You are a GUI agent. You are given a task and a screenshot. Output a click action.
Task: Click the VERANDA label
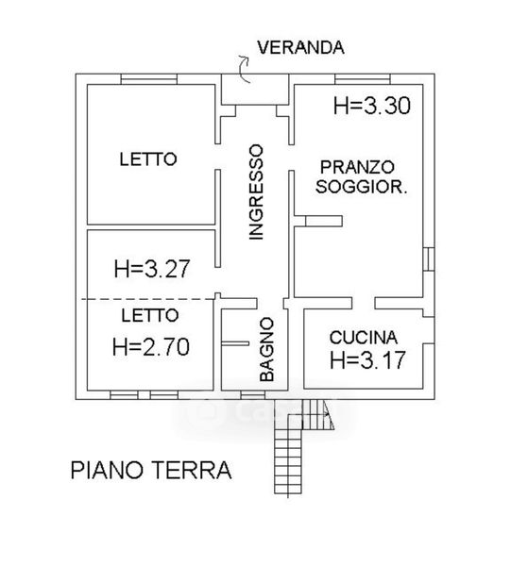tap(300, 48)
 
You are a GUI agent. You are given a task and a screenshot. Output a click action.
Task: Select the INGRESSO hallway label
tap(256, 192)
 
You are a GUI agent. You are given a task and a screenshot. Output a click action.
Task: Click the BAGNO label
tap(267, 349)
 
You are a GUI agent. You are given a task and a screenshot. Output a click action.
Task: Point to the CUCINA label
tap(364, 338)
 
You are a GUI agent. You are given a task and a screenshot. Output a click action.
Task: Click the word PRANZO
tap(357, 167)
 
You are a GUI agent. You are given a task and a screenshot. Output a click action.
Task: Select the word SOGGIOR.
tap(361, 187)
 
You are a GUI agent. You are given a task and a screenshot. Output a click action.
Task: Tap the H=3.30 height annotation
tap(372, 106)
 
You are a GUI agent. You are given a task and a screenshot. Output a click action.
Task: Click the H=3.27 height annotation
tap(152, 269)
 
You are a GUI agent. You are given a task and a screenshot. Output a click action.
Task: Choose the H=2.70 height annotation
tap(151, 347)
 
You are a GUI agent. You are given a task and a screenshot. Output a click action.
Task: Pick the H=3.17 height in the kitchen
tap(367, 360)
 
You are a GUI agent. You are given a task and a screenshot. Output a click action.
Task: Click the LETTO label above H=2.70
tap(150, 315)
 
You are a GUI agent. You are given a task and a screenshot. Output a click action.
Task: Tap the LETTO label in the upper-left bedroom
tap(148, 159)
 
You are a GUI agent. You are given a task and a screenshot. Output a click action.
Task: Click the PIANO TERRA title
tap(151, 470)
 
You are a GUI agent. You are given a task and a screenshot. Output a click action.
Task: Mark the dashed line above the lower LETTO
tap(148, 299)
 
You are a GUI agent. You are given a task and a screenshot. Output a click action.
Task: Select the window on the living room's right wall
tap(428, 258)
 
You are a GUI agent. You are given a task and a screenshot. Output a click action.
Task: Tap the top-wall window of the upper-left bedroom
tap(149, 79)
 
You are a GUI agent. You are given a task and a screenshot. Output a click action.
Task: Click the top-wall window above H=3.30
tap(363, 79)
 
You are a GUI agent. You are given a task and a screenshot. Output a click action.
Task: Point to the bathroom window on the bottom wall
tap(253, 395)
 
